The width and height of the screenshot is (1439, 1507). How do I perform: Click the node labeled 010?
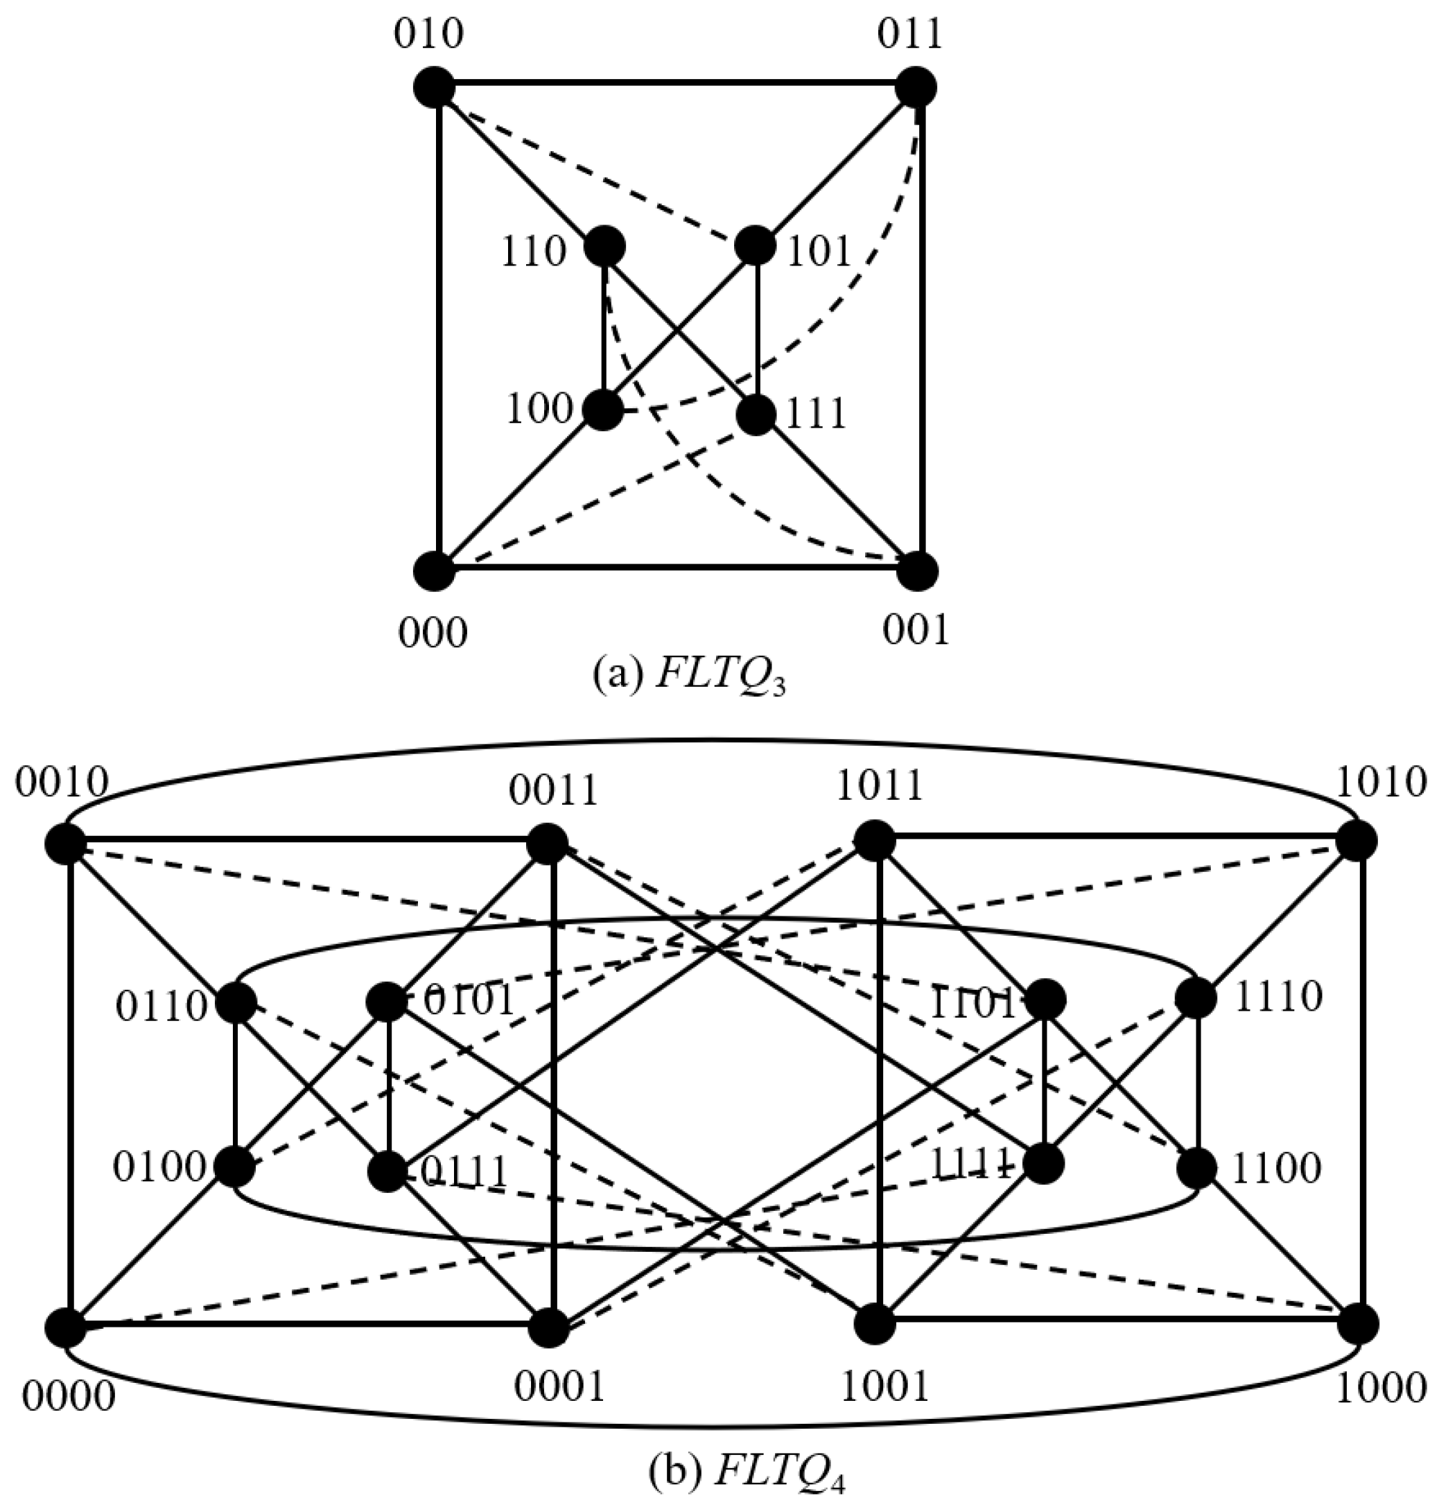434,87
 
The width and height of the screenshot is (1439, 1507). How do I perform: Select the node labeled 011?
916,87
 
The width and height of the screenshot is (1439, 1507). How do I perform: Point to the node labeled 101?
756,246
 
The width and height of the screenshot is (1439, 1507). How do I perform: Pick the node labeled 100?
604,410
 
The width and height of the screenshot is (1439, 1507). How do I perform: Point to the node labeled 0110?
236,1003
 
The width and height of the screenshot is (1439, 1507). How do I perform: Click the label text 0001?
559,1386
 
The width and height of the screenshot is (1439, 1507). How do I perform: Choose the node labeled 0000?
65,1327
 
